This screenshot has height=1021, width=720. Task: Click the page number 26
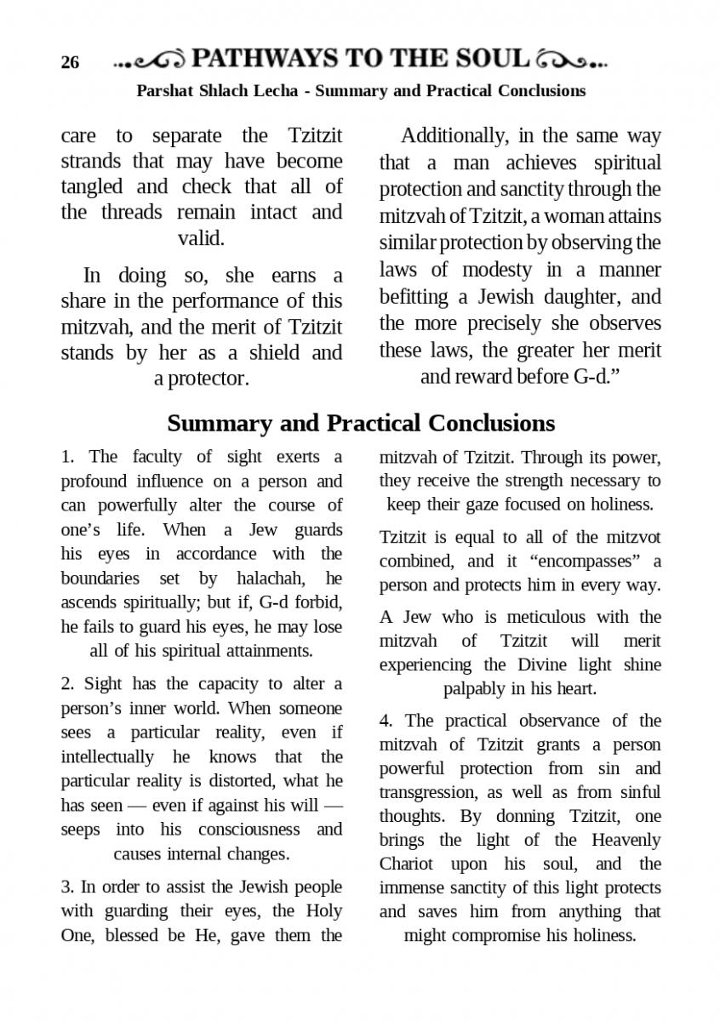[70, 63]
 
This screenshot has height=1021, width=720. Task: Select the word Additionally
[455, 136]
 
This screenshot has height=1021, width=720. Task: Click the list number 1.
[67, 457]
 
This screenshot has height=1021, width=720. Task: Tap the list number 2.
[67, 684]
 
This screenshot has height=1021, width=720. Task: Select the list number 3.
[67, 887]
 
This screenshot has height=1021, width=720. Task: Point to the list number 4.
[386, 721]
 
